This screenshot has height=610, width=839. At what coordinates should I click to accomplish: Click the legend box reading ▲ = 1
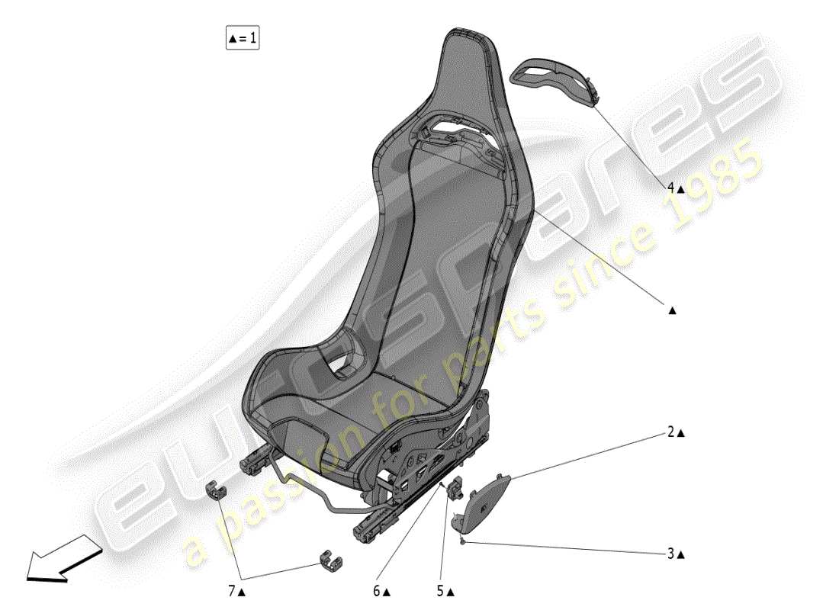[x=242, y=37]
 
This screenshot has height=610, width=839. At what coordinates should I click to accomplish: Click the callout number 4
[x=671, y=187]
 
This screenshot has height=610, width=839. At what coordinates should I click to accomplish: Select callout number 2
[x=671, y=432]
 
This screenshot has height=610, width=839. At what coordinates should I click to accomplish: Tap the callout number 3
[x=671, y=554]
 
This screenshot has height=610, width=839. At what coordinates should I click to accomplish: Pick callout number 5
[x=441, y=591]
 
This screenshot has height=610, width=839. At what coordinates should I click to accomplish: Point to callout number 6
[x=377, y=591]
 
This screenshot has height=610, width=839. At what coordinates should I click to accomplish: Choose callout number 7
[x=231, y=591]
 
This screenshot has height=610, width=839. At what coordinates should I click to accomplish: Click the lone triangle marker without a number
[x=672, y=310]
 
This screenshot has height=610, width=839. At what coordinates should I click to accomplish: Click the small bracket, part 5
[x=458, y=486]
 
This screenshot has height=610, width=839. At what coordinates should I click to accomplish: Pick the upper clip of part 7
[x=217, y=492]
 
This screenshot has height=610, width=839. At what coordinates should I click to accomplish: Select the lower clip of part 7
[x=329, y=559]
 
